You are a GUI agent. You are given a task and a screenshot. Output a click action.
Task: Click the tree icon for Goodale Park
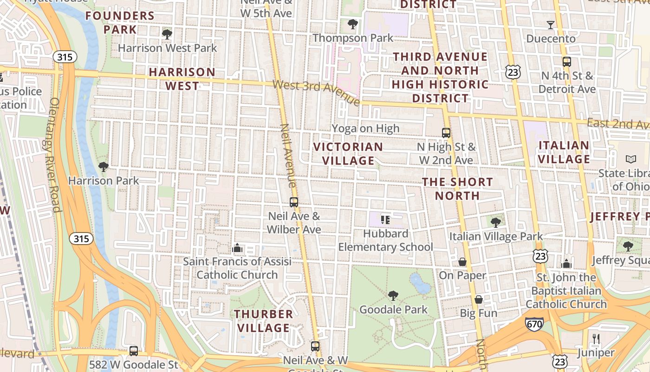(x=393, y=295)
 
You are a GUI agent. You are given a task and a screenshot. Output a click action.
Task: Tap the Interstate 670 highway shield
(x=534, y=324)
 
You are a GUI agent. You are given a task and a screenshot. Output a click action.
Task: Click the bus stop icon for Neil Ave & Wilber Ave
(x=294, y=202)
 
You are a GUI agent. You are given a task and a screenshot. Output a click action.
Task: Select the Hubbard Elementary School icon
(x=385, y=219)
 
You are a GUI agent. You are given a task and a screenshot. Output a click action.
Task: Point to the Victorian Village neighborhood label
(x=348, y=153)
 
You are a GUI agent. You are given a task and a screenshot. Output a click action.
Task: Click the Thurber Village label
(x=264, y=321)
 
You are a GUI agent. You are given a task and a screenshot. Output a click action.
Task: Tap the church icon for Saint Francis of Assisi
(x=237, y=248)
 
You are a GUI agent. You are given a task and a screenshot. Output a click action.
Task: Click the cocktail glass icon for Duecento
(x=551, y=25)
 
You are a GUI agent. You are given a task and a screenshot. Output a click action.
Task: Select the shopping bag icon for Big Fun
(x=479, y=299)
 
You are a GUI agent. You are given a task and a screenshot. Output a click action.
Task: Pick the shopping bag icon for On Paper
(x=462, y=262)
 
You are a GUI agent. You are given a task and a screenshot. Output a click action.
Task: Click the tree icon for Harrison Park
(x=104, y=166)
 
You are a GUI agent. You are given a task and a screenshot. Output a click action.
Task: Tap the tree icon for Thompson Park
(x=353, y=24)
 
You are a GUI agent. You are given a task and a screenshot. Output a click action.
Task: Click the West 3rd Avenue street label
(x=316, y=92)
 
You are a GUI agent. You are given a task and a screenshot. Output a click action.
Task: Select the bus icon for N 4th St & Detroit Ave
(x=566, y=61)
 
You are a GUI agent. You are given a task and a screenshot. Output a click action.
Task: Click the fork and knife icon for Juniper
(x=596, y=339)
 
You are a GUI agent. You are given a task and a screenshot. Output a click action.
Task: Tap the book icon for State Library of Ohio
(x=630, y=159)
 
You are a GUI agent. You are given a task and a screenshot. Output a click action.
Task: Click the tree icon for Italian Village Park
(x=496, y=222)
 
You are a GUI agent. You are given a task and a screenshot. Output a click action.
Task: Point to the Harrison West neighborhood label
(x=182, y=79)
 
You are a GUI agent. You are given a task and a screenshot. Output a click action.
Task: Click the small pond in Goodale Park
(x=419, y=283)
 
